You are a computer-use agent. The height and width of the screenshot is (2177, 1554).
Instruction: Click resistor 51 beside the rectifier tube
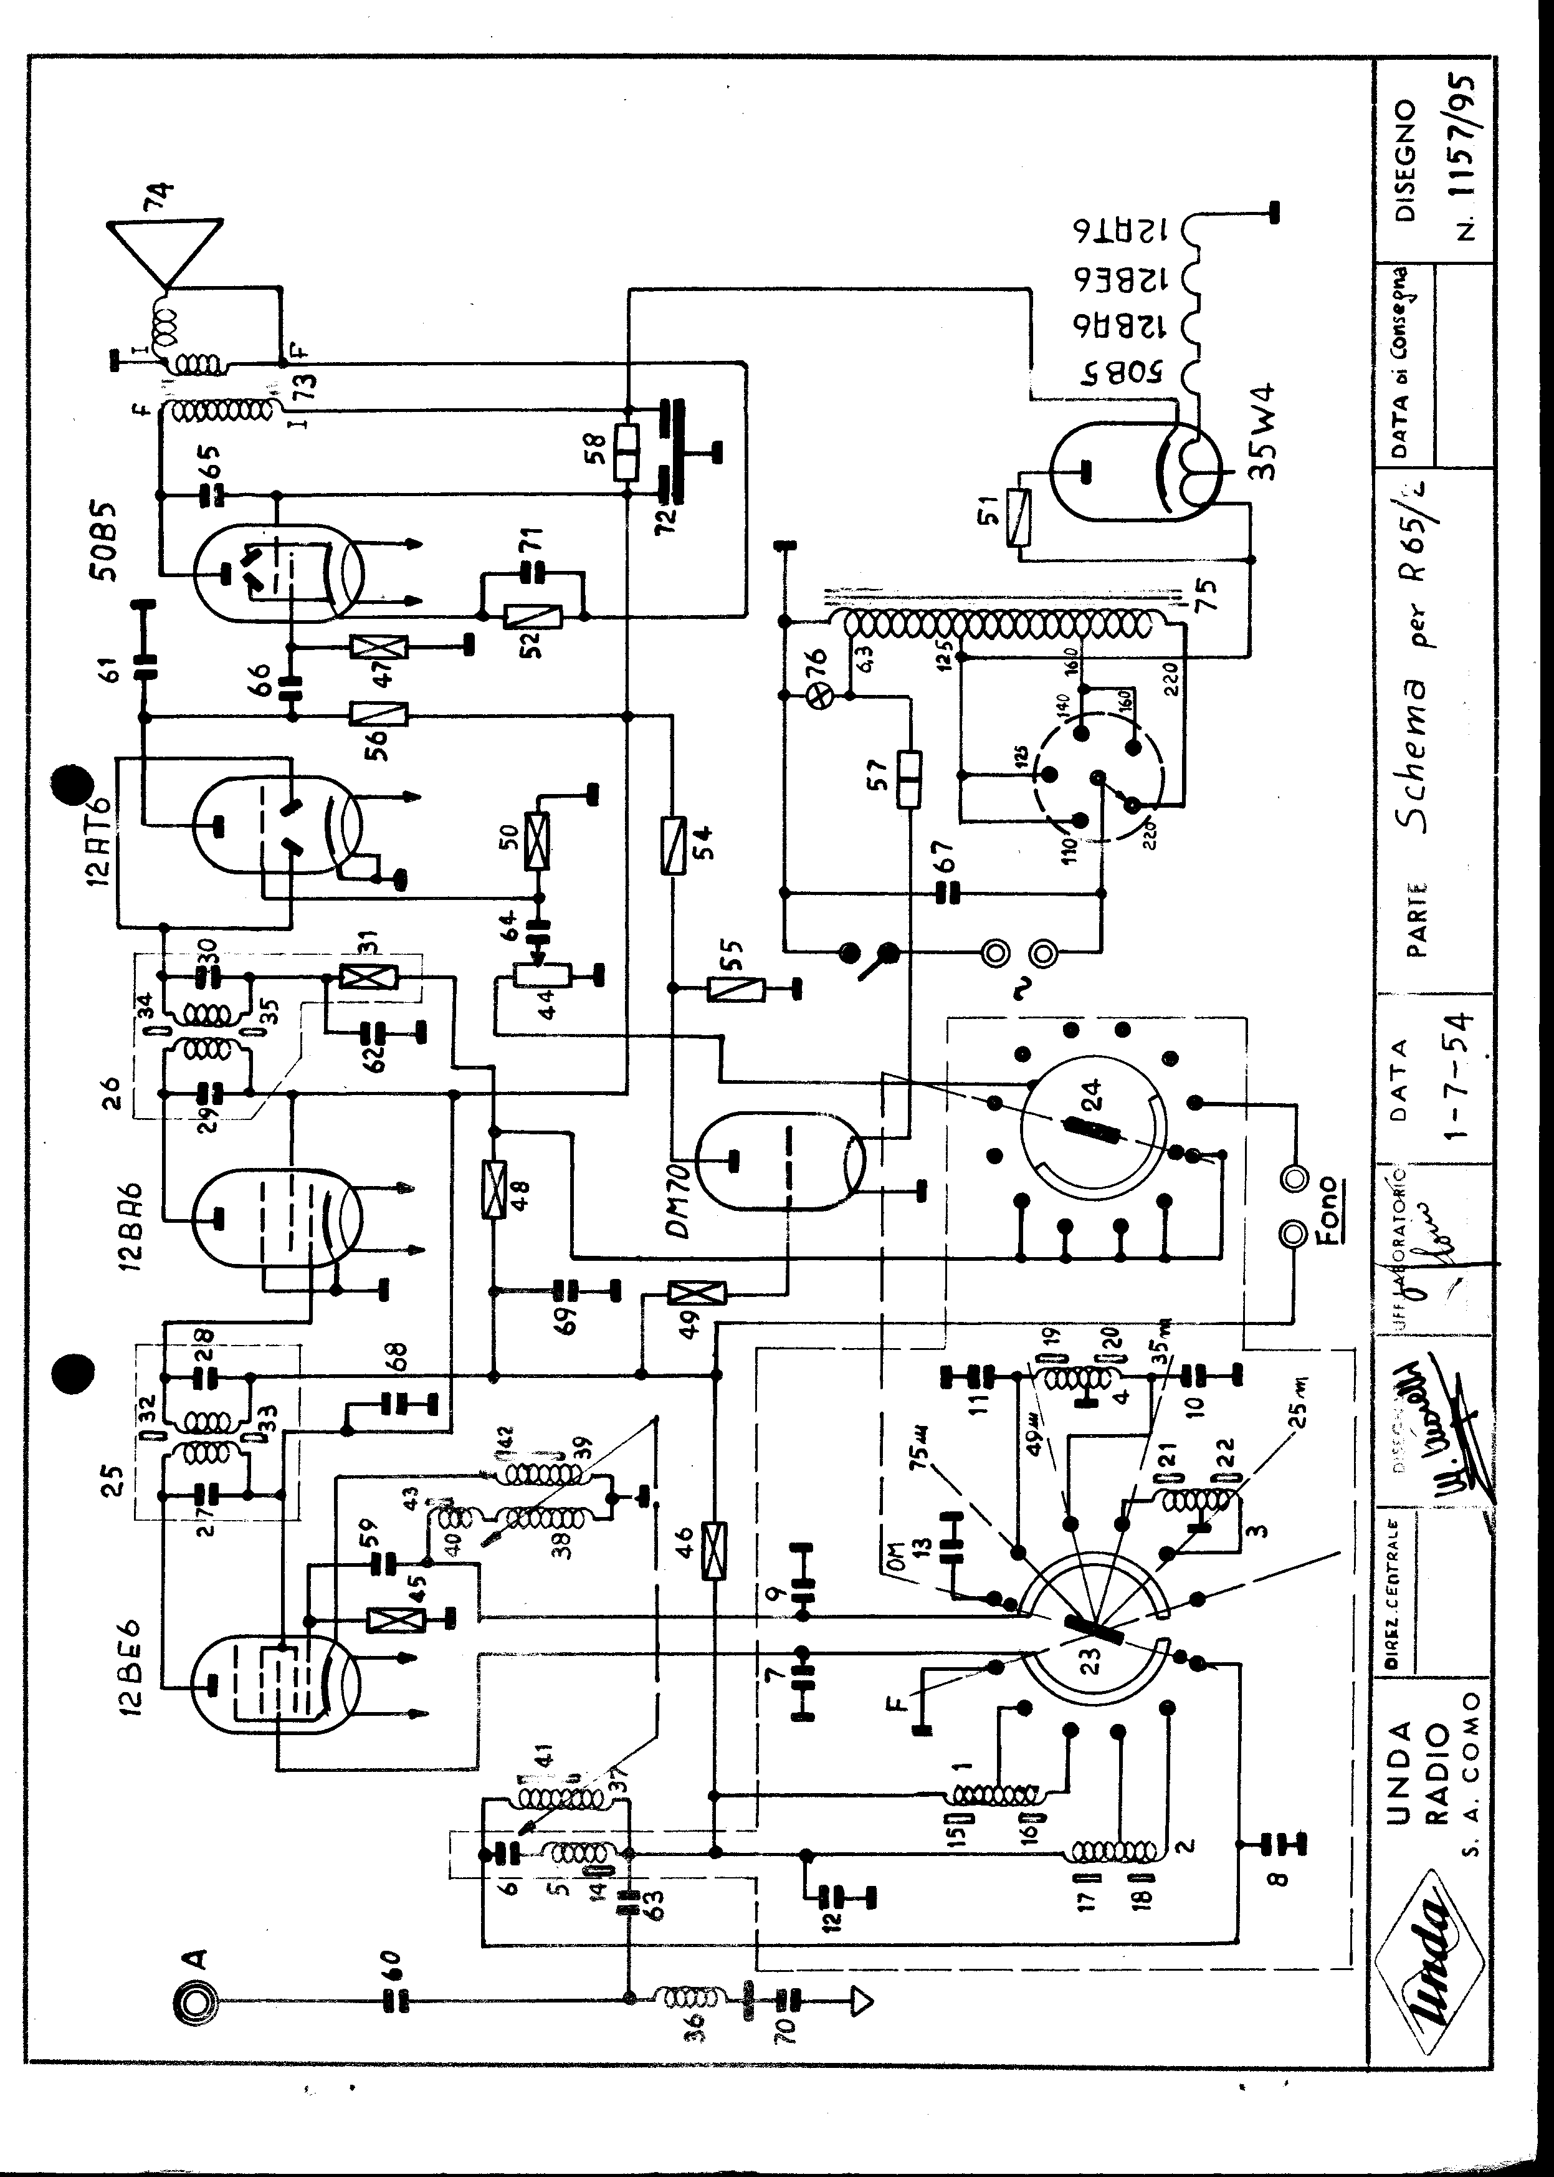point(1016,518)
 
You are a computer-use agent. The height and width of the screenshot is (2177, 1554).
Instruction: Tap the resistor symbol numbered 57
point(907,780)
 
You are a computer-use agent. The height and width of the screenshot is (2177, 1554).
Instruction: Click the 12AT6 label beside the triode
point(100,841)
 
